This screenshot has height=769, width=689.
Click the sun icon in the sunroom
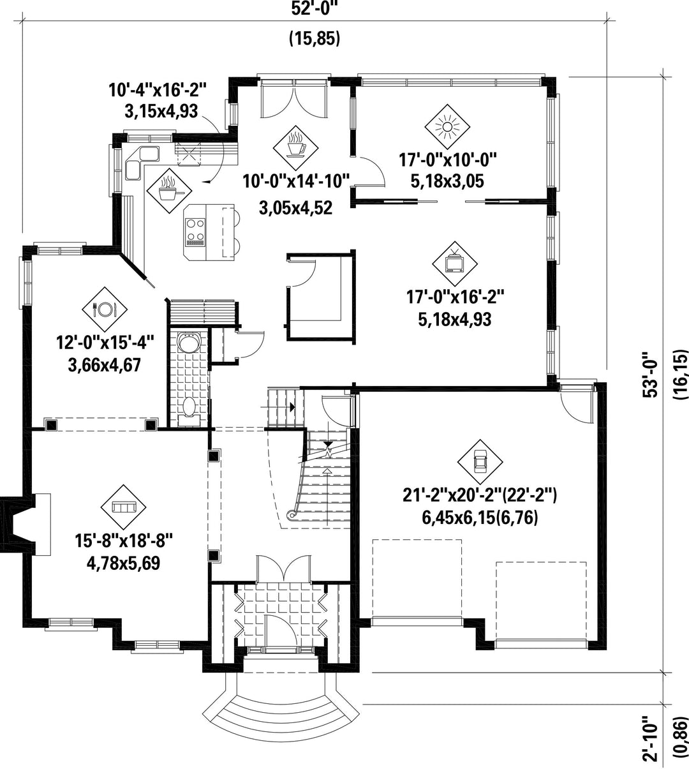(x=447, y=127)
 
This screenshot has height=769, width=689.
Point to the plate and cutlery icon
(x=105, y=310)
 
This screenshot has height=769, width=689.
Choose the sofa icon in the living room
(x=123, y=507)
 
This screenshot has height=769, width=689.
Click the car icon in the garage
(x=480, y=462)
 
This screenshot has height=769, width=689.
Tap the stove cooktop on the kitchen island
(x=195, y=231)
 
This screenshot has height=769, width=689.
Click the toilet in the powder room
(x=189, y=410)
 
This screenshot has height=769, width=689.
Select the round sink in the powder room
(x=188, y=343)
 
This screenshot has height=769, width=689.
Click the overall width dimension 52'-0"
(x=315, y=8)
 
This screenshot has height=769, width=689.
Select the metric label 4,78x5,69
(x=123, y=564)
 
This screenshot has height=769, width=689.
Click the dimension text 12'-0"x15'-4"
(x=105, y=343)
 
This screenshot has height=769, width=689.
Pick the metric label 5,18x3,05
(x=447, y=181)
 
